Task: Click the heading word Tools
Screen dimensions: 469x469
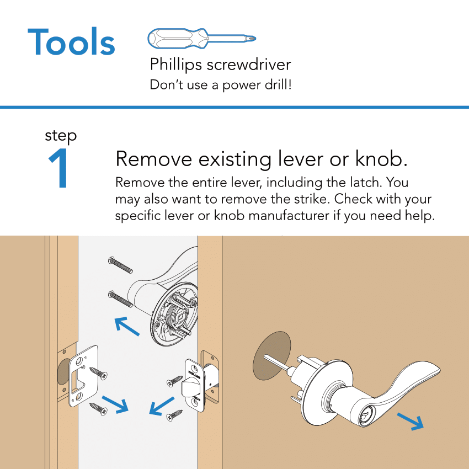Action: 71,42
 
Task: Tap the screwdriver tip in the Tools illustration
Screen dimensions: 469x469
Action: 252,39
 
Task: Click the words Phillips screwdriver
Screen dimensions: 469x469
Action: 220,65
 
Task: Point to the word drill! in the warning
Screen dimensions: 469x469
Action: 273,86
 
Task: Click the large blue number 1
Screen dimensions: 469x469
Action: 59,169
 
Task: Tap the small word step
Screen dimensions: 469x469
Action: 61,136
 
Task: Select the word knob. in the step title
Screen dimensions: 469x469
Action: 380,159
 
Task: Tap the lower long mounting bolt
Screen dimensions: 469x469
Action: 121,299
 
